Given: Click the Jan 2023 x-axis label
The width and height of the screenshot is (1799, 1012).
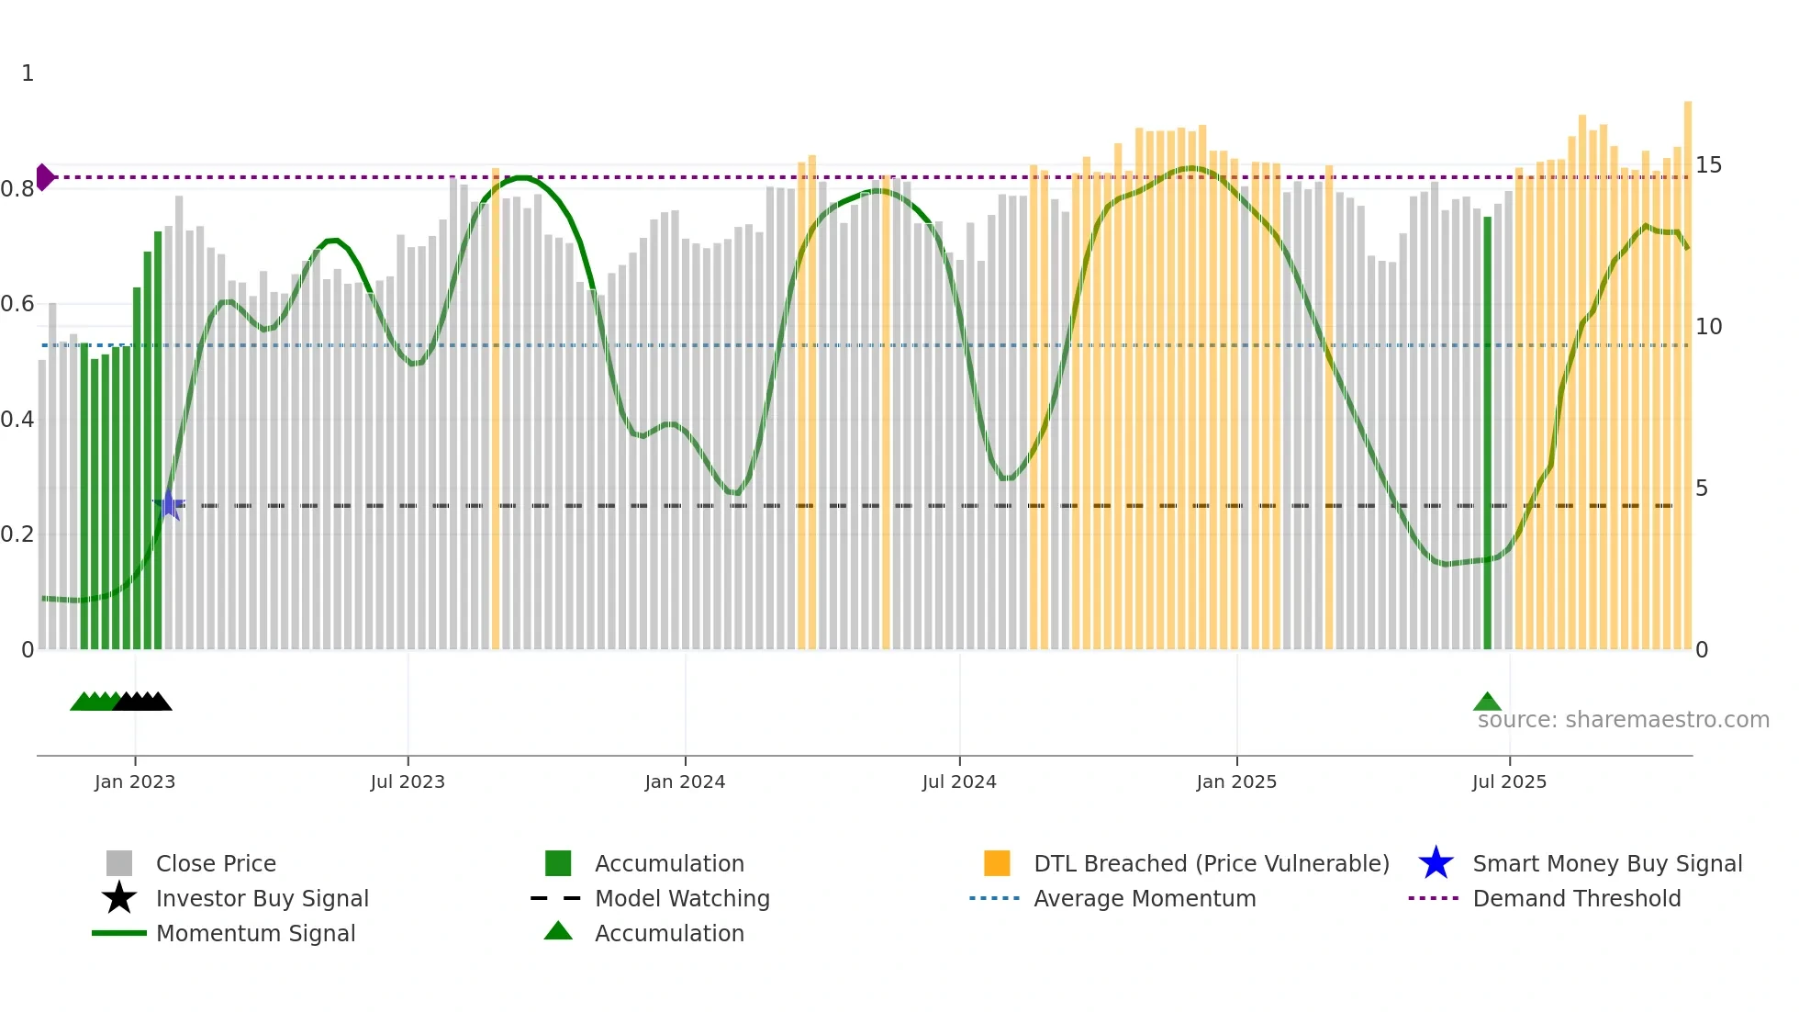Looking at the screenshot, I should pos(135,781).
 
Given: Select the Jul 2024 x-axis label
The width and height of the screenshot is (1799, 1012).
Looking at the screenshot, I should pos(959,781).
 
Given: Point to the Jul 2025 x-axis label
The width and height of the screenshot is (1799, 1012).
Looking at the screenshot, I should pos(1509,781).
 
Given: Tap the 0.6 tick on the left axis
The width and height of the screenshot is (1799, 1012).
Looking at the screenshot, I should pos(18,304).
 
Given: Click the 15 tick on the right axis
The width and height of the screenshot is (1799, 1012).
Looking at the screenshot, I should pos(1708,165).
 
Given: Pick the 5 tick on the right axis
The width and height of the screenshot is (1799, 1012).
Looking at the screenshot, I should pos(1702,489).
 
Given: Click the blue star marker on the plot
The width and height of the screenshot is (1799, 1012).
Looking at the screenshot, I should pos(169,505).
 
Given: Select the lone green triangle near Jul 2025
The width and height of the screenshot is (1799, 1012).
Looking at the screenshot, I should pos(1487,703).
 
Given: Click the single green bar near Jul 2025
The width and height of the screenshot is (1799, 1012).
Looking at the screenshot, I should pos(1488,432).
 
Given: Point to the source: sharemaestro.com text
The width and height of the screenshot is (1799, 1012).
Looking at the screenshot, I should pos(1623,720).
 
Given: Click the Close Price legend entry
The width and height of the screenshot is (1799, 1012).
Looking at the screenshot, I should pos(216,863).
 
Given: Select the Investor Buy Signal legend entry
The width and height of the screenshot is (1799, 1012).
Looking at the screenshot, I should pos(262,898).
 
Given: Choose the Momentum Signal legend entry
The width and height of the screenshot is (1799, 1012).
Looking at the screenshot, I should pos(255,933).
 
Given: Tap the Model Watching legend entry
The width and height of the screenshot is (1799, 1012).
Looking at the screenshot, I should pos(682,898).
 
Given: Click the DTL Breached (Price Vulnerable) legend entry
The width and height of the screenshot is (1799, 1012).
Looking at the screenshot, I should pos(1211,863).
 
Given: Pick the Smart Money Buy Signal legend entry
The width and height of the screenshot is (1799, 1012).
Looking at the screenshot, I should pos(1606,863).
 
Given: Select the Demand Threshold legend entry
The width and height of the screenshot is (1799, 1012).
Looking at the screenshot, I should pos(1576,898).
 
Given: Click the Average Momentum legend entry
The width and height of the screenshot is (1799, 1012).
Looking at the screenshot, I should pos(1144,898).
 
